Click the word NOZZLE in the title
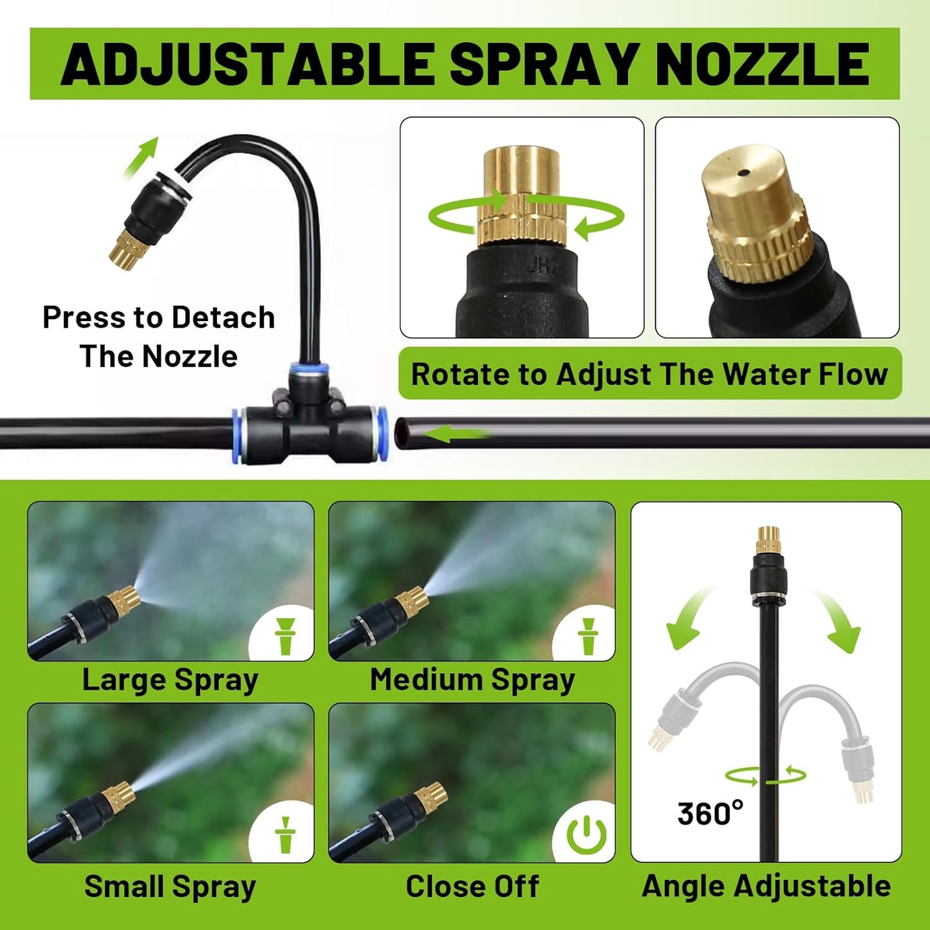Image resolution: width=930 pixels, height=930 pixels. (x=763, y=64)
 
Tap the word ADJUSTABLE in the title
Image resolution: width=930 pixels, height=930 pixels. (x=248, y=64)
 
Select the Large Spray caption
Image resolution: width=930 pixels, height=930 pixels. (x=171, y=680)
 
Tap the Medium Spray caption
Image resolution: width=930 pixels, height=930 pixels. (x=472, y=680)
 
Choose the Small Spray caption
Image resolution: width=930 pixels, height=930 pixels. (x=171, y=886)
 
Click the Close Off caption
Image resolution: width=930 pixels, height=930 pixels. (x=472, y=886)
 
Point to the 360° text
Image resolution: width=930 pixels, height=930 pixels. (x=710, y=814)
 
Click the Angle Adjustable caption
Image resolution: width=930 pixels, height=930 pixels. (x=766, y=886)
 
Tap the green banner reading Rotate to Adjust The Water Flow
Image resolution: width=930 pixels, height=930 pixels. (x=649, y=374)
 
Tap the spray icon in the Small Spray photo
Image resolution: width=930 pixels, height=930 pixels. (x=284, y=835)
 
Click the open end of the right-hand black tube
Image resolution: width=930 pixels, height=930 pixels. (x=402, y=434)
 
